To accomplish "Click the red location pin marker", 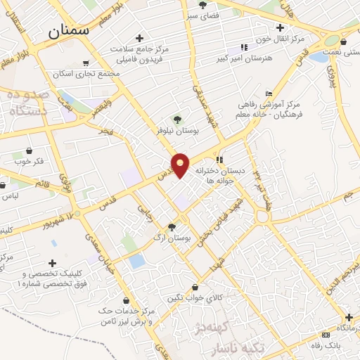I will point(181,165).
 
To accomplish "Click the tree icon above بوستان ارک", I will point(172,226).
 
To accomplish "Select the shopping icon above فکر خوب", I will point(29,151).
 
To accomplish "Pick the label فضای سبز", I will point(203,15).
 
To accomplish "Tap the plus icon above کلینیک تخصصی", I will point(53,262).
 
